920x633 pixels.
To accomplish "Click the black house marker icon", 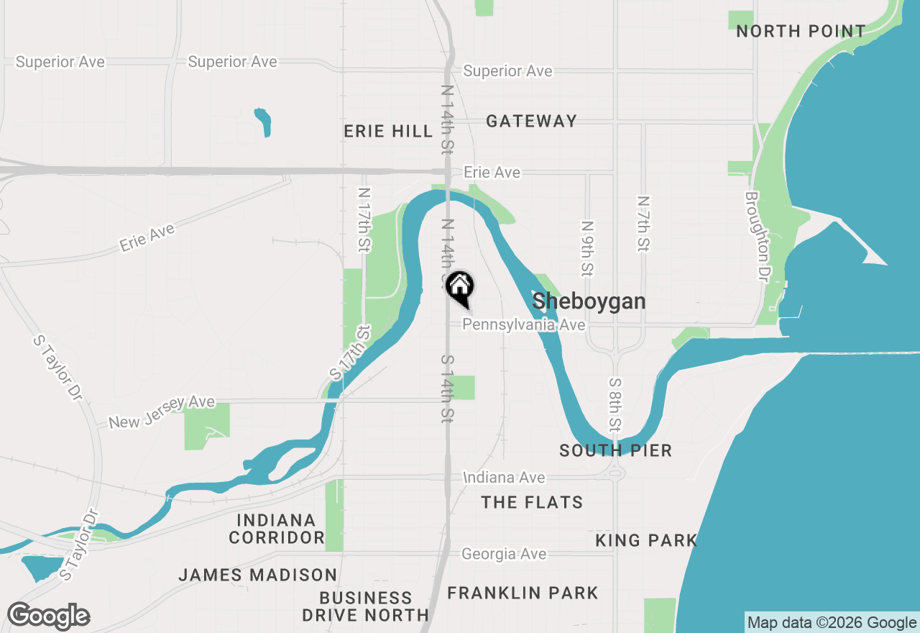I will (x=460, y=288).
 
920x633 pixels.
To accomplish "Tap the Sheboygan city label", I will (x=589, y=301).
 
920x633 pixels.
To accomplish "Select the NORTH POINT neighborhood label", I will (x=801, y=32).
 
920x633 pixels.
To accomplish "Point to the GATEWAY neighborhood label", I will (x=531, y=121).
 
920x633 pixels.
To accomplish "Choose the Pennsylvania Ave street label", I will (x=523, y=325).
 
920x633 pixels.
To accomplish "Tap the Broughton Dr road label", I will (x=753, y=236).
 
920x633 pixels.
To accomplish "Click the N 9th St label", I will (x=587, y=249).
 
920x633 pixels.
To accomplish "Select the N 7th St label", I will (x=643, y=224).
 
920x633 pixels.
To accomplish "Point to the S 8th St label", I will (x=615, y=404).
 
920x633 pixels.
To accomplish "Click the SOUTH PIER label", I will (x=615, y=451).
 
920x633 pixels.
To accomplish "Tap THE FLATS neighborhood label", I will (x=532, y=502).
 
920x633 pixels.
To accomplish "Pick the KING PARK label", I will (x=646, y=540).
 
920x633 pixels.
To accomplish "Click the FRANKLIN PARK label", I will (x=523, y=593).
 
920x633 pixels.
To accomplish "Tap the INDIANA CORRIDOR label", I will (x=277, y=529).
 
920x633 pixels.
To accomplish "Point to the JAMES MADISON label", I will (x=257, y=575).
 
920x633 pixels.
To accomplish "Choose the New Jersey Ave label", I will (x=162, y=412).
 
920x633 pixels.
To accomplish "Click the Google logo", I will (x=48, y=616).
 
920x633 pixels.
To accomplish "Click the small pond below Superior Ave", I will (x=263, y=121).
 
